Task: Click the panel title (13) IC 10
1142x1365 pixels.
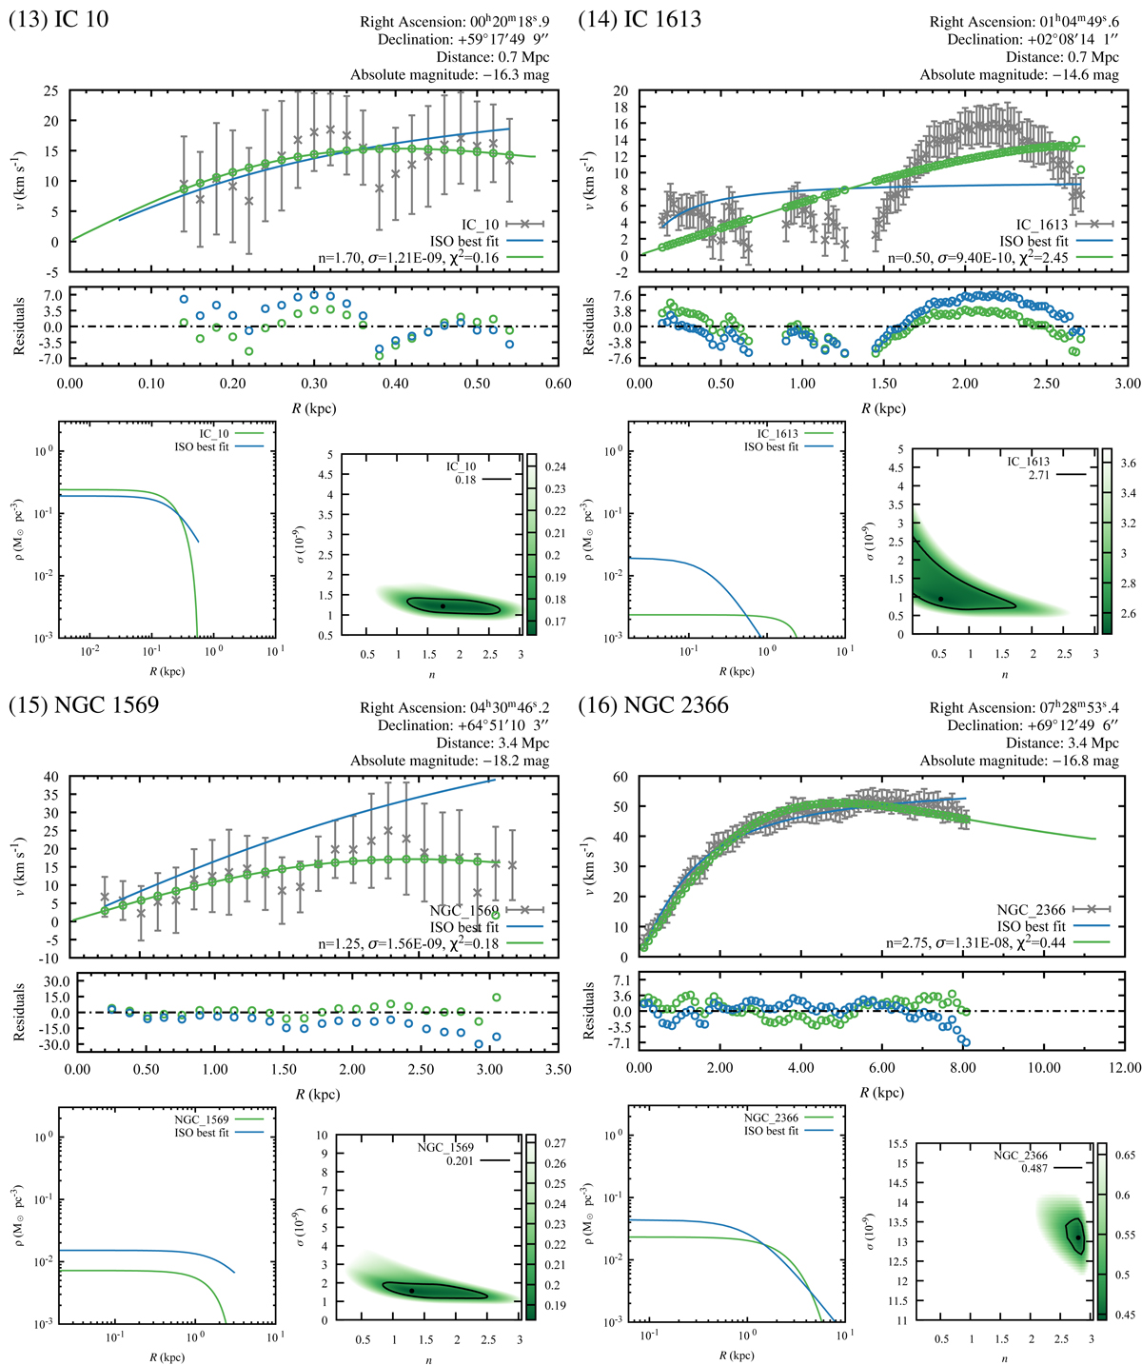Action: (x=59, y=18)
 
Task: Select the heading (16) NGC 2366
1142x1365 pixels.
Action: (x=654, y=705)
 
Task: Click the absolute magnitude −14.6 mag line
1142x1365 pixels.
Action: (x=1019, y=75)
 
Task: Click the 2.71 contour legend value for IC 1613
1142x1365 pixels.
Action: (x=1034, y=473)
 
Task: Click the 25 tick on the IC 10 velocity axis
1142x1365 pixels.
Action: (x=51, y=91)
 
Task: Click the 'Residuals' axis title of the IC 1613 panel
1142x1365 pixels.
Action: (x=589, y=326)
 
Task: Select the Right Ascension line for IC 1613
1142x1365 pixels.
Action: (x=1024, y=22)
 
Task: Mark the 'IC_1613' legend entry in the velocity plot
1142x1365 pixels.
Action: (x=1042, y=225)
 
